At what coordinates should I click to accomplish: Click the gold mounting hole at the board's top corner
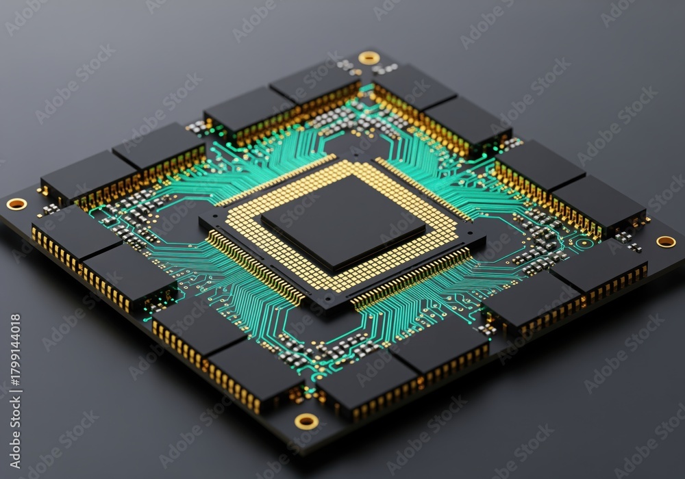click(369, 57)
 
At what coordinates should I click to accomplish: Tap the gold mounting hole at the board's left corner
click(17, 203)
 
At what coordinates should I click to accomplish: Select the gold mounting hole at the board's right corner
click(666, 242)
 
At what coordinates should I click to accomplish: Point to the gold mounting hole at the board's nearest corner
click(306, 421)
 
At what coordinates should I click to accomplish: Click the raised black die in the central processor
click(343, 222)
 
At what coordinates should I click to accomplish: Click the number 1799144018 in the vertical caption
click(15, 348)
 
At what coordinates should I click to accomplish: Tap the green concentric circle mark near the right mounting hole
click(582, 243)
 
